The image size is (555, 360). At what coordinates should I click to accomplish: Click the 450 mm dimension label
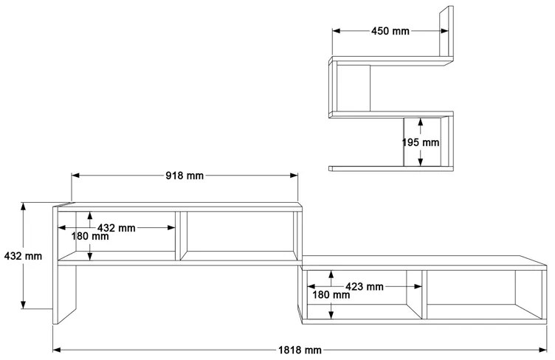(x=390, y=31)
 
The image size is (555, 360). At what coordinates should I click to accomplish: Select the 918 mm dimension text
(x=185, y=176)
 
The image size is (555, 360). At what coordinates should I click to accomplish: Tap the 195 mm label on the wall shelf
(x=420, y=142)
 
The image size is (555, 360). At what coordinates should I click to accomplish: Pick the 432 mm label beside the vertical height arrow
(x=23, y=256)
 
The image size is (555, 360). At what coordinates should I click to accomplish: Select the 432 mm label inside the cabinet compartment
(x=116, y=228)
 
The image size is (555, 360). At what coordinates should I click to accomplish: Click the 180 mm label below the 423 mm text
(x=330, y=295)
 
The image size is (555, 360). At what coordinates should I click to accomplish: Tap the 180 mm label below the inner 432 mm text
(x=89, y=237)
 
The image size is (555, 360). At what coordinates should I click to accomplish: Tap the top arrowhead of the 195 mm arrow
(x=420, y=122)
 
